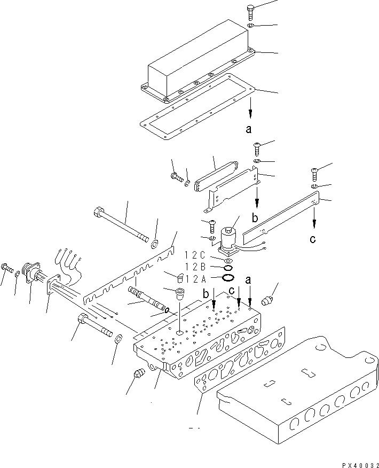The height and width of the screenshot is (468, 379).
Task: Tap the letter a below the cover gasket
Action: pos(249,129)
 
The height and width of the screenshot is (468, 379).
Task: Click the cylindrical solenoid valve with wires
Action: pos(229,235)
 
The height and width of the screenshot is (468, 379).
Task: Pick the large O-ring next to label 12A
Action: pos(228,277)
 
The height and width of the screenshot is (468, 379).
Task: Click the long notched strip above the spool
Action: pos(131,272)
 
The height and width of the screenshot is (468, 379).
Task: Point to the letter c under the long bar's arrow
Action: pos(313,239)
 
